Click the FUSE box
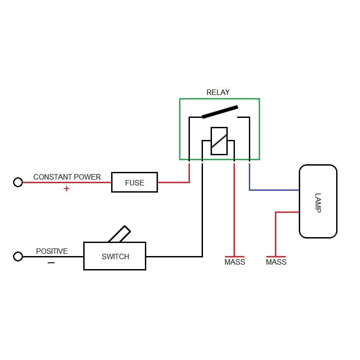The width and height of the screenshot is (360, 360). pyautogui.click(x=135, y=182)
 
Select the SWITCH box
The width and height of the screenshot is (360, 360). pyautogui.click(x=115, y=256)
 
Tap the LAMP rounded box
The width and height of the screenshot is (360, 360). pyautogui.click(x=318, y=201)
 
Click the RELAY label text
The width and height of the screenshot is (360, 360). pyautogui.click(x=218, y=92)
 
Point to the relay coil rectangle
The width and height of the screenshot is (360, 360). pyautogui.click(x=219, y=141)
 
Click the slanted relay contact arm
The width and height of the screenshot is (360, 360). pyautogui.click(x=220, y=112)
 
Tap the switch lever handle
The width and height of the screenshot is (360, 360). pyautogui.click(x=120, y=234)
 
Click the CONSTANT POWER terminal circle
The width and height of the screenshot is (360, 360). pyautogui.click(x=18, y=182)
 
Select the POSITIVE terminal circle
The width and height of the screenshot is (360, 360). pyautogui.click(x=18, y=256)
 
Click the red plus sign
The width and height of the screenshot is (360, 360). pyautogui.click(x=67, y=189)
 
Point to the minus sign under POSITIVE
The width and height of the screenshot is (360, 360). pyautogui.click(x=51, y=263)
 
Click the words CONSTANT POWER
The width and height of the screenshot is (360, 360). pyautogui.click(x=67, y=177)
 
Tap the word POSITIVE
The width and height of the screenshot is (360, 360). pyautogui.click(x=52, y=251)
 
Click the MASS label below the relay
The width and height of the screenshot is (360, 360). pyautogui.click(x=235, y=262)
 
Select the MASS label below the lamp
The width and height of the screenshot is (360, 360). pyautogui.click(x=276, y=262)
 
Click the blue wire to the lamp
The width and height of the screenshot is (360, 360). pyautogui.click(x=274, y=190)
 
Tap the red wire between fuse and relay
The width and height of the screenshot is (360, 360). pyautogui.click(x=173, y=182)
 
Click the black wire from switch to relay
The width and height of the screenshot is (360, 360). pyautogui.click(x=202, y=216)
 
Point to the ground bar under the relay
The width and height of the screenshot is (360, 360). pyautogui.click(x=234, y=256)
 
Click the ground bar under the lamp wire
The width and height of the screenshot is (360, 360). pyautogui.click(x=275, y=256)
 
